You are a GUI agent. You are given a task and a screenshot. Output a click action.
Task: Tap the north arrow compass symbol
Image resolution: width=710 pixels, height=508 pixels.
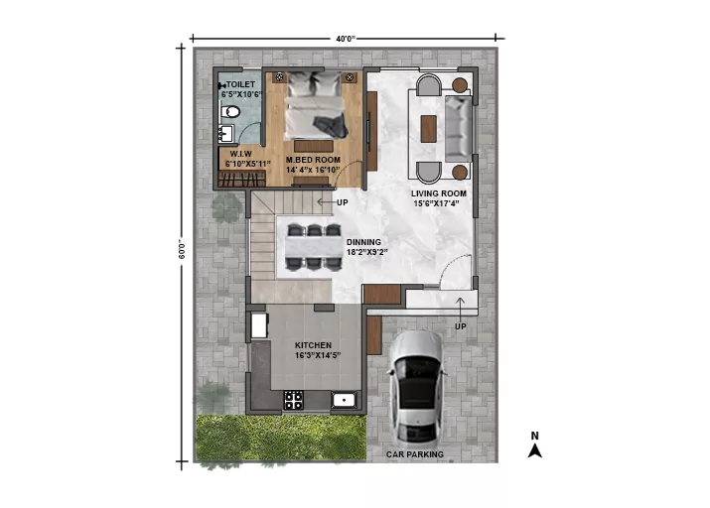[x=535, y=450]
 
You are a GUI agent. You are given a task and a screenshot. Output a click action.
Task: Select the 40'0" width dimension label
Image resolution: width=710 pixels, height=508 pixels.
[x=346, y=39]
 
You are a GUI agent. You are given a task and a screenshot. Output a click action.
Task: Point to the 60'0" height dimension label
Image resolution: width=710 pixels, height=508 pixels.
[x=182, y=249]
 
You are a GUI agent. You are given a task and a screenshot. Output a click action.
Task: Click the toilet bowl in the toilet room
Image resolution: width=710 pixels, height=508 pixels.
[x=230, y=111]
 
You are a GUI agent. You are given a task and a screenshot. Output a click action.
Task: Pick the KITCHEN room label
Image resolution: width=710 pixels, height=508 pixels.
[x=314, y=345]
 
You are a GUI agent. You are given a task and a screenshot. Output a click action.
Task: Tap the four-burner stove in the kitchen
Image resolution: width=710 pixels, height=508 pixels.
[x=293, y=400]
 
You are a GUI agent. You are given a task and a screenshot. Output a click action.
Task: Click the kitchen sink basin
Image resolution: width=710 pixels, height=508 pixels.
[x=345, y=400]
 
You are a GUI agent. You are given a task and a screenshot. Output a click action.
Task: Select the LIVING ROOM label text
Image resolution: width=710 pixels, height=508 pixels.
[x=438, y=193]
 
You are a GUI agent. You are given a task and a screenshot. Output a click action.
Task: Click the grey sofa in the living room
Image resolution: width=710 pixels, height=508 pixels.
[x=458, y=128]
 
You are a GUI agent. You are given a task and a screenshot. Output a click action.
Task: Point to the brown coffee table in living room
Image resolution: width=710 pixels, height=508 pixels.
[x=428, y=129]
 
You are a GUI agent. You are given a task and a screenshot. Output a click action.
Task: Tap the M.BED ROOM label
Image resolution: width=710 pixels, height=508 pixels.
[x=313, y=160]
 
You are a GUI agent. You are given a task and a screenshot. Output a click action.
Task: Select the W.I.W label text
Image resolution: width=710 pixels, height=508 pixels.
[x=240, y=154]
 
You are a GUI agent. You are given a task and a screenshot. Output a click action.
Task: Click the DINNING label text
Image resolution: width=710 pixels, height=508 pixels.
[x=363, y=242]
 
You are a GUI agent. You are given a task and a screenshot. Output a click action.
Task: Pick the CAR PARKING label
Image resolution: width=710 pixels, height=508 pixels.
[x=415, y=454]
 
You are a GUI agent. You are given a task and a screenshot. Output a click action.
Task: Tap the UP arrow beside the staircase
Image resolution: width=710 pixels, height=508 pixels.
[x=325, y=202]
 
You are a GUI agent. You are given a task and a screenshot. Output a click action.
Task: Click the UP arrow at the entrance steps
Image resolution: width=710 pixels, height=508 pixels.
[x=460, y=308]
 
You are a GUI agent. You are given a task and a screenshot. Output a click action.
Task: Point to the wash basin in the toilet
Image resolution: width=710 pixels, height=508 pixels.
[x=225, y=134]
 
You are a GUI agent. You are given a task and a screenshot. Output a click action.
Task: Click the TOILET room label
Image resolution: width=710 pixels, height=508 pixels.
[x=240, y=84]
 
